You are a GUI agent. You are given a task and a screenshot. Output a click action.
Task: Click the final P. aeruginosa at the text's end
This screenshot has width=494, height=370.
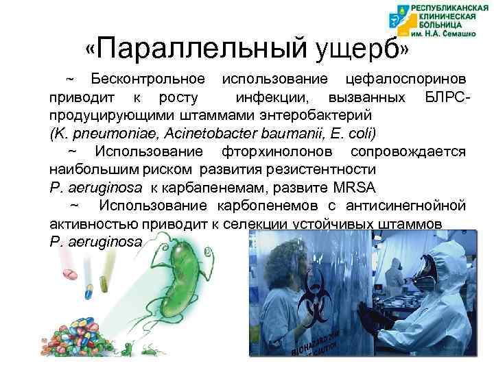click(x=95, y=242)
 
